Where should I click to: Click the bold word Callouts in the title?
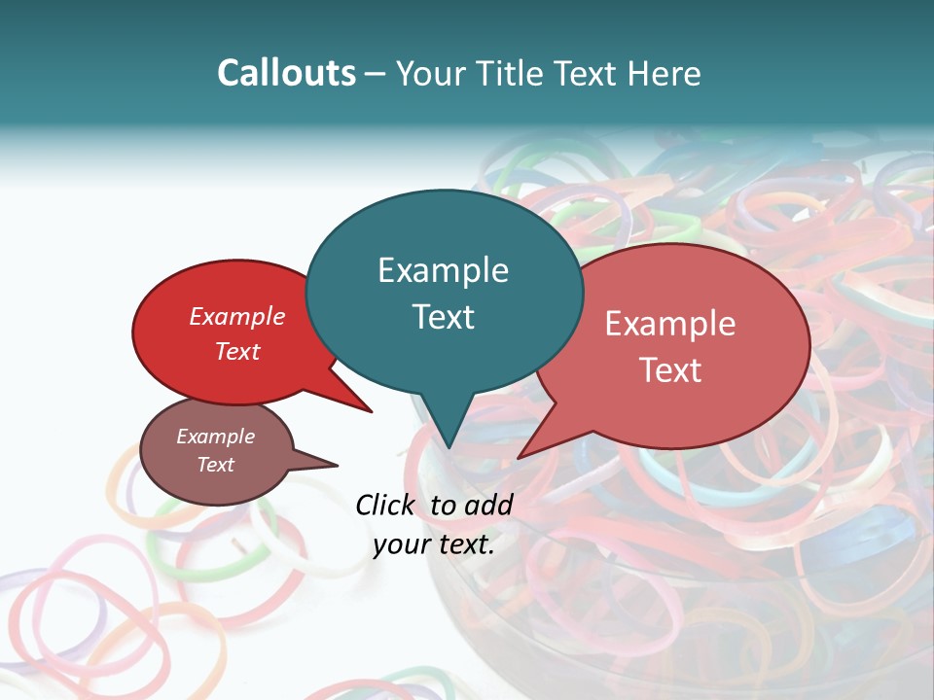point(286,73)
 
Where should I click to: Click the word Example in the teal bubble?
point(443,270)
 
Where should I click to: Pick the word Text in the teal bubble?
point(443,317)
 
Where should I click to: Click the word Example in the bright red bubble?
point(237,317)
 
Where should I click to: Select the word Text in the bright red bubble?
point(237,352)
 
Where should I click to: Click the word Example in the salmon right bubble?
point(670,324)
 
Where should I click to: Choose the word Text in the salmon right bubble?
point(670,370)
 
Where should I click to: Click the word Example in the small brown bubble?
point(215,437)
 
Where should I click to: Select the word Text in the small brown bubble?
point(215,465)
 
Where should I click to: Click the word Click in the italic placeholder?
point(386,505)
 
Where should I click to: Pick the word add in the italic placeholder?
point(489,505)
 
